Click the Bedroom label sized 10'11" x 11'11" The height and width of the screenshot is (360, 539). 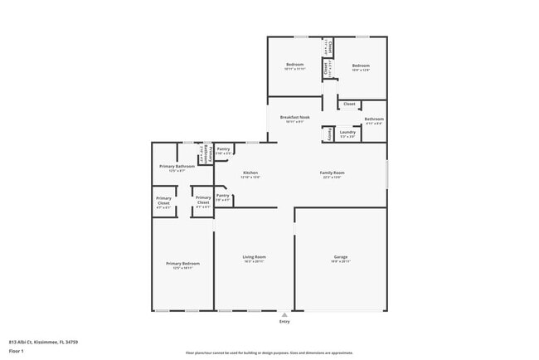[295, 65]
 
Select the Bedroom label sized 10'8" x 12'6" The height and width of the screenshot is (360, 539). [360, 65]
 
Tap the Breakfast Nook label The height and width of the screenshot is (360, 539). [294, 118]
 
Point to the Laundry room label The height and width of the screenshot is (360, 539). [347, 131]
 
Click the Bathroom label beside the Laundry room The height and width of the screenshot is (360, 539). [374, 119]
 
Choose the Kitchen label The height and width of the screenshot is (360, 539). [250, 173]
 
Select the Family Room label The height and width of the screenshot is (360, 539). [333, 173]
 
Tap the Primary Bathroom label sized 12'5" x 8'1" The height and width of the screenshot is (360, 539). [177, 166]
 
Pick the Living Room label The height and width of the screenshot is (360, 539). [254, 256]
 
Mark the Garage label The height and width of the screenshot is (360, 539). [340, 256]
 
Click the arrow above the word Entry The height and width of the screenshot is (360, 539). [284, 314]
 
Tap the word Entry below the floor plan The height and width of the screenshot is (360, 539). [284, 322]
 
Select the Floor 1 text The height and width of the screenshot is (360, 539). [17, 350]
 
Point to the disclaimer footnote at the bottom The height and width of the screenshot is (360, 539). [269, 353]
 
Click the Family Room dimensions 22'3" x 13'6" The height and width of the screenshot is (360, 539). [333, 178]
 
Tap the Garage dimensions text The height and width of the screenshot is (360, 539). [340, 261]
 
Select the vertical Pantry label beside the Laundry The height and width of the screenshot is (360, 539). [330, 133]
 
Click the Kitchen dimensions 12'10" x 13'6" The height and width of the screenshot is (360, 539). [250, 178]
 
